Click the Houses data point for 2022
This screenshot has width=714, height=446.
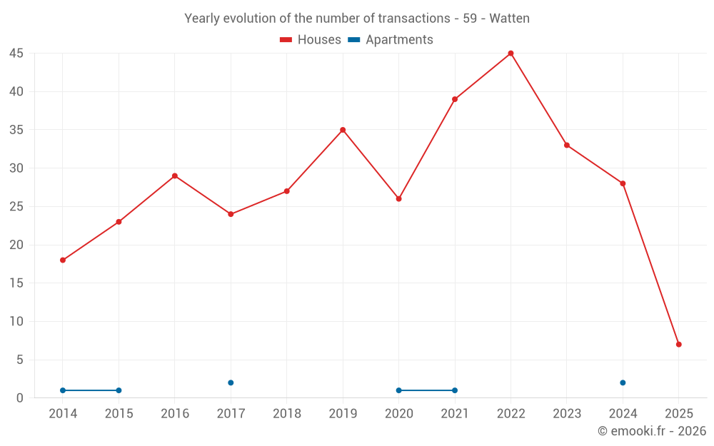coord(511,54)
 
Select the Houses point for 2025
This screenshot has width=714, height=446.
coord(678,345)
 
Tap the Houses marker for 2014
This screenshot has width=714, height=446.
coord(63,260)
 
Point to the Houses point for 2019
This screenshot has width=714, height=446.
coord(343,130)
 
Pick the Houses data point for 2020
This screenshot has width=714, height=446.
coord(398,199)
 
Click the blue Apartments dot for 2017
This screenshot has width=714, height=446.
coord(231,383)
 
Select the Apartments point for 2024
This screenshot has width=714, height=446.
coord(623,383)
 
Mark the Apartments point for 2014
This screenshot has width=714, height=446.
coord(63,390)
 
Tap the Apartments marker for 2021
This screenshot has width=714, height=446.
coord(455,390)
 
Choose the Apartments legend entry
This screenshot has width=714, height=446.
coord(398,40)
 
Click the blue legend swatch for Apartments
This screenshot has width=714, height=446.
coord(353,40)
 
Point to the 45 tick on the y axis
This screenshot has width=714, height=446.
coord(16,54)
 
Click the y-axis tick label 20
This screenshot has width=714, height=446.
coord(16,245)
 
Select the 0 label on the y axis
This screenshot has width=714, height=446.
coord(20,398)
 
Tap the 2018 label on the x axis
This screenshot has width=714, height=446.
coord(286,414)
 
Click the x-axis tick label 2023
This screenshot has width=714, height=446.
coord(567,414)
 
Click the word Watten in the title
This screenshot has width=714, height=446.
coord(509,19)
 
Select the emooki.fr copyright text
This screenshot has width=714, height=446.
coord(652,431)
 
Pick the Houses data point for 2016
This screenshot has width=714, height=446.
coord(175,176)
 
